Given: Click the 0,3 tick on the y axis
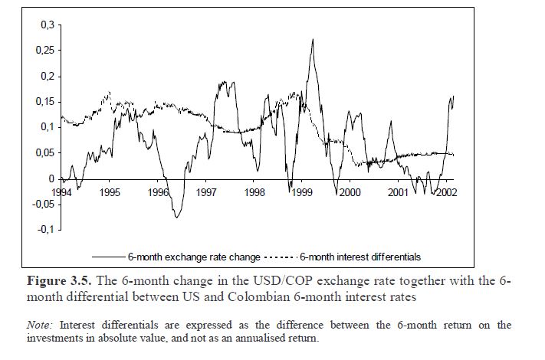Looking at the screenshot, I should pos(48,25).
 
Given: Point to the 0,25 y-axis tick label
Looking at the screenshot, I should pos(45,51).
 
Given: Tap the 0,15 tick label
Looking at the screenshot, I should pos(45,102).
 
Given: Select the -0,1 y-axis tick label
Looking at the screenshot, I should pos(45,230).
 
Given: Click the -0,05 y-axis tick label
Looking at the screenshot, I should pos(43,204).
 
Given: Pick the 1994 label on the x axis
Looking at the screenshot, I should pos(63,193).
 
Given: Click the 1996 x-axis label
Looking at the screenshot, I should pos(159,193).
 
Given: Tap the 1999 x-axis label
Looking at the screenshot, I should pos(302,193).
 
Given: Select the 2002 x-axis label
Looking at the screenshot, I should pos(445,193).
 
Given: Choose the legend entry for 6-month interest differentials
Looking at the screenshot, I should pos(360,257).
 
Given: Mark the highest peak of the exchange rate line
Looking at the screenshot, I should pos(313,39).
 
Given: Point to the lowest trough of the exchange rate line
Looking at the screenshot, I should pos(177,218).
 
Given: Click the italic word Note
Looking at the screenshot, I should pos(38,326).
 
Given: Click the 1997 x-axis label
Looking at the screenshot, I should pos(206,193).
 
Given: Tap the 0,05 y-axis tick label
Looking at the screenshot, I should pos(45,153).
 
